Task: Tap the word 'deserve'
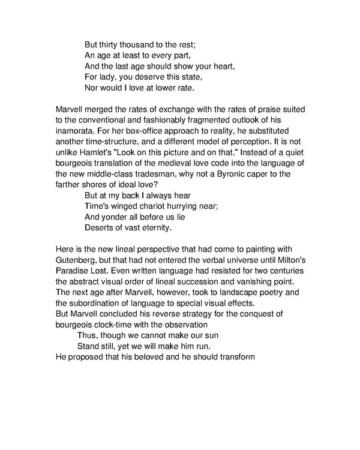click(146, 77)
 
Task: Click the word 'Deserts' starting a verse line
click(100, 228)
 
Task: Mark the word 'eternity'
click(152, 228)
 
